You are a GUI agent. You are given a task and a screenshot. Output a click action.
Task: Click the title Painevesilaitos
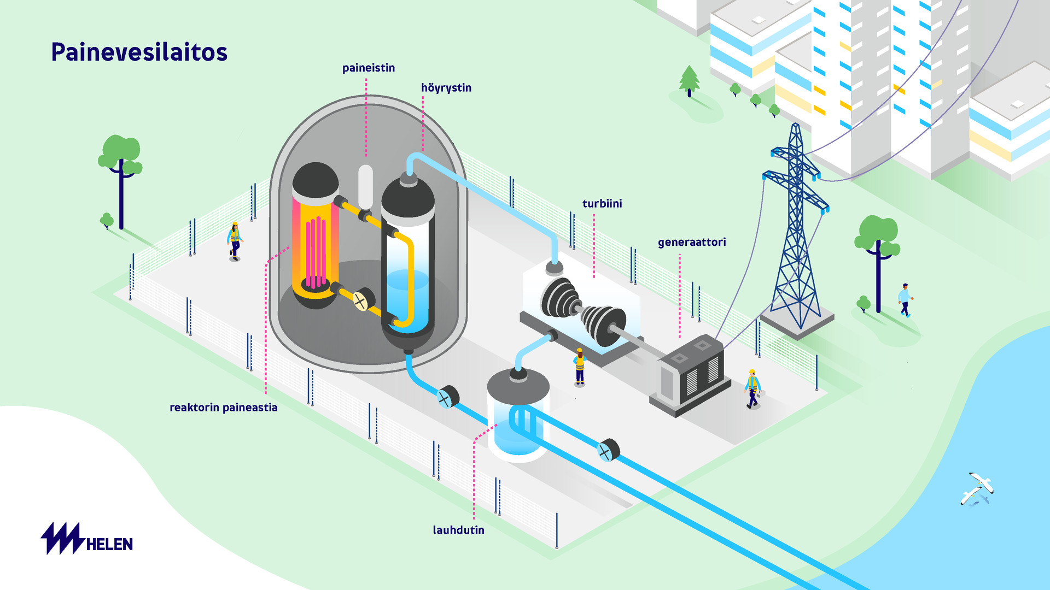click(x=139, y=52)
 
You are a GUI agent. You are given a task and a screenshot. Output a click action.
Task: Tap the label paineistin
click(x=368, y=68)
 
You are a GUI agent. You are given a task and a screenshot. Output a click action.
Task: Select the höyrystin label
click(x=446, y=88)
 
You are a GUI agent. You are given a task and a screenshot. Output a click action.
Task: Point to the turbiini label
click(x=602, y=204)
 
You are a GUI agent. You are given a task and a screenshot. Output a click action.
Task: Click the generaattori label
click(x=691, y=242)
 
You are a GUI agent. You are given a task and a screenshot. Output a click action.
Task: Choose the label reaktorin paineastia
click(x=223, y=408)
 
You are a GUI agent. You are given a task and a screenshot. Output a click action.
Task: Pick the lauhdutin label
click(x=458, y=530)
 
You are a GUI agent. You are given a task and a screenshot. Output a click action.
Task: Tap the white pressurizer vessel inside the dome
click(x=365, y=187)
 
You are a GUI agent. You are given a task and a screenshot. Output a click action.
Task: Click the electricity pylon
click(x=796, y=229)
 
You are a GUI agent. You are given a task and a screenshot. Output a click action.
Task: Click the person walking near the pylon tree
click(x=905, y=300)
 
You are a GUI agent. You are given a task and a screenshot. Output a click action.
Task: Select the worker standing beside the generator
click(x=752, y=389)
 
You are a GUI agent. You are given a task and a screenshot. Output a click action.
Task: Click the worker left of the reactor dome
click(x=235, y=241)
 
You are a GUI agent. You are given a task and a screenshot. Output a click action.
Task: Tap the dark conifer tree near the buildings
click(x=689, y=81)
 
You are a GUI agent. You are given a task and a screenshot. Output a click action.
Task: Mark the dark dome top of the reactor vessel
click(x=316, y=179)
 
